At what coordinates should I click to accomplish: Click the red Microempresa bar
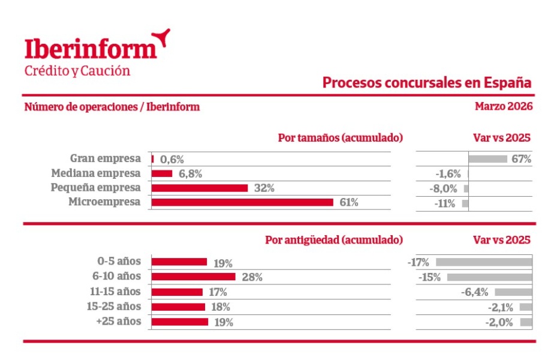pos(242,202)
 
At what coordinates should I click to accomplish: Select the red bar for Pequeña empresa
pos(200,188)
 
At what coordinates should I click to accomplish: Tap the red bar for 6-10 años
pos(193,277)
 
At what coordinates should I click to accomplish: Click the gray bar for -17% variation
pos(484,262)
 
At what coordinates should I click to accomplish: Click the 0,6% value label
pos(172,160)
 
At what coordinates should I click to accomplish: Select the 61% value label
pos(349,203)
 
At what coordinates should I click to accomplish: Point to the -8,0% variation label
pos(445,188)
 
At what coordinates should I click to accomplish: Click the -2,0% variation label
pos(500,322)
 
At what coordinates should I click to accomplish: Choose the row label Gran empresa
pos(106,159)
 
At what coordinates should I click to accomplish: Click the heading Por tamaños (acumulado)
pos(340,137)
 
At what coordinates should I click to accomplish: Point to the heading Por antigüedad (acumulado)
pos(333,240)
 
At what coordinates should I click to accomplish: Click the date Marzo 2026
pos(503,107)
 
